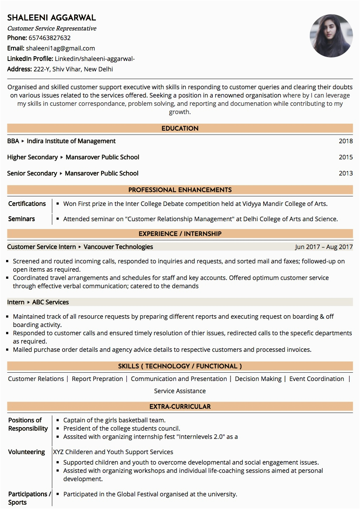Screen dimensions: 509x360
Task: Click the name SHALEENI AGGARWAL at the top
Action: [x=51, y=18]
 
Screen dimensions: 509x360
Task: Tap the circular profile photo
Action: [x=331, y=36]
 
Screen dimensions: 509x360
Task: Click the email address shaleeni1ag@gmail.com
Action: [x=60, y=48]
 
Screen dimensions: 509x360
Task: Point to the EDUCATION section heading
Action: [x=180, y=128]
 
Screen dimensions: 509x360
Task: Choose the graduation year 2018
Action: [x=346, y=141]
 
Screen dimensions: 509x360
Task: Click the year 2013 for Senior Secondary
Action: [x=346, y=173]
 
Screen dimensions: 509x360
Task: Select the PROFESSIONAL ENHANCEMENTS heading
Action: [x=180, y=190]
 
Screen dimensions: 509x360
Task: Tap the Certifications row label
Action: [x=27, y=204]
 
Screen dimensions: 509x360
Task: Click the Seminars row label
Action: [x=22, y=219]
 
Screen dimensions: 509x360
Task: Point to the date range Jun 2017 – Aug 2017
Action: [x=324, y=247]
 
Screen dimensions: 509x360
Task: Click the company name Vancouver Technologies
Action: [x=118, y=247]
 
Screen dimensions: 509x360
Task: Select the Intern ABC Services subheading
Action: [x=38, y=302]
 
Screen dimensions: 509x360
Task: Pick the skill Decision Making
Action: [x=258, y=379]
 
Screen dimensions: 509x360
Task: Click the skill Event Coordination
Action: [x=317, y=379]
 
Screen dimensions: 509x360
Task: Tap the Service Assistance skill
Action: [x=180, y=391]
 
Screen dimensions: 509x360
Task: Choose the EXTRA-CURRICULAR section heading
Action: [x=180, y=407]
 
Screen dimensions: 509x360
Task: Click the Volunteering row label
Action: [x=27, y=452]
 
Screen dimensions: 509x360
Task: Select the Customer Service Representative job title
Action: [x=52, y=28]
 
